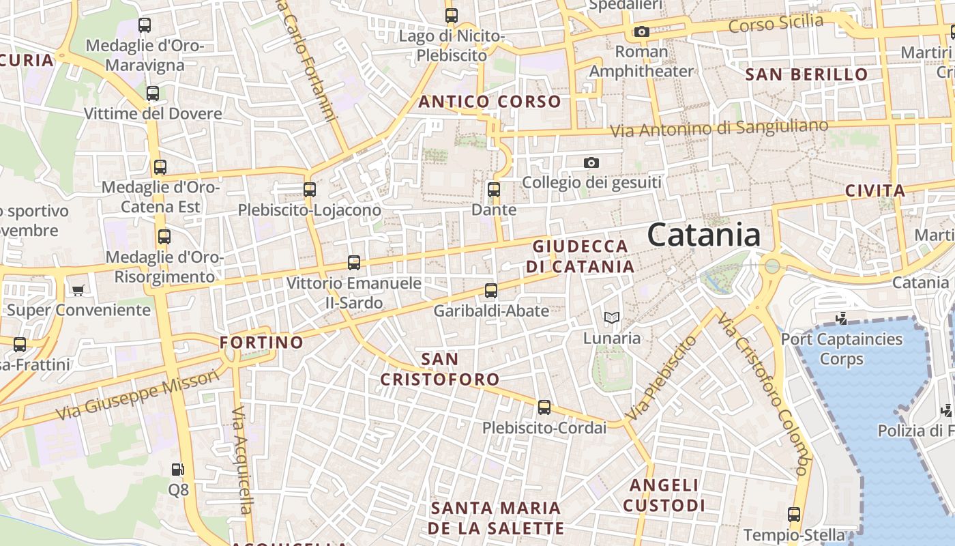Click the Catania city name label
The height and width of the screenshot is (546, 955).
pyautogui.click(x=704, y=235)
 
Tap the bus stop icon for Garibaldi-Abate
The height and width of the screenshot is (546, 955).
pyautogui.click(x=491, y=291)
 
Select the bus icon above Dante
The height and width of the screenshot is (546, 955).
pyautogui.click(x=494, y=190)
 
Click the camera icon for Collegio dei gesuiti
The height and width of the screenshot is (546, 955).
pyautogui.click(x=591, y=162)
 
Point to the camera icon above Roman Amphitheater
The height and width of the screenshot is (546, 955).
pyautogui.click(x=641, y=31)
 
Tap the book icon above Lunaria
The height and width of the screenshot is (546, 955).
pyautogui.click(x=612, y=317)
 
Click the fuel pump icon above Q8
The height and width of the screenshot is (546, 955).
pyautogui.click(x=177, y=470)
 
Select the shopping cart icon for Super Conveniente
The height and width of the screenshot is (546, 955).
pyautogui.click(x=78, y=290)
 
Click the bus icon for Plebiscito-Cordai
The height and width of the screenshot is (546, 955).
pyautogui.click(x=544, y=407)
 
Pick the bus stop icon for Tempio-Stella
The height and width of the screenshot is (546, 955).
pyautogui.click(x=794, y=515)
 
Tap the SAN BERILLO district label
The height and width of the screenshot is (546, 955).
pyautogui.click(x=807, y=74)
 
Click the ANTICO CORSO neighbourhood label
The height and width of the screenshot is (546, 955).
pyautogui.click(x=490, y=102)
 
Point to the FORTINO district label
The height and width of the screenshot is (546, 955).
pyautogui.click(x=261, y=342)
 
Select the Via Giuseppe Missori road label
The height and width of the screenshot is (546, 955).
pyautogui.click(x=138, y=394)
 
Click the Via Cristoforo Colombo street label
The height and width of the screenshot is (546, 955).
pyautogui.click(x=764, y=396)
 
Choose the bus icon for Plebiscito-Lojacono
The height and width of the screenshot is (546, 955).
pyautogui.click(x=310, y=190)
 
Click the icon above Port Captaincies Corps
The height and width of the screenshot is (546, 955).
pyautogui.click(x=841, y=318)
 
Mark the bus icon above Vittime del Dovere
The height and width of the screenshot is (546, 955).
pyautogui.click(x=153, y=94)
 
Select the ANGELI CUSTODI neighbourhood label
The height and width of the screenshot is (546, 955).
pyautogui.click(x=664, y=495)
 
